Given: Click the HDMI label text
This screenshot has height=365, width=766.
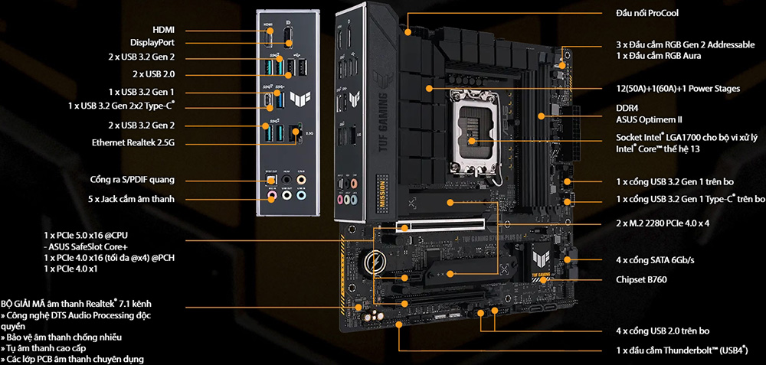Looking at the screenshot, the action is [164, 31].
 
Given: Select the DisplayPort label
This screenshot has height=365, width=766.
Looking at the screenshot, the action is [152, 43].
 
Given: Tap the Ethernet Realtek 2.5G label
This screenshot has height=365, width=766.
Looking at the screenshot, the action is [133, 143].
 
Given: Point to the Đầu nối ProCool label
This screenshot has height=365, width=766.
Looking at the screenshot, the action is [647, 13].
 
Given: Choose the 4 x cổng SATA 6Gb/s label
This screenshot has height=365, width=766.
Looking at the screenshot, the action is [655, 261].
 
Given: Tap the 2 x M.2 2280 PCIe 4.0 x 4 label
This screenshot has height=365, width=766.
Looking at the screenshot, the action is [663, 223].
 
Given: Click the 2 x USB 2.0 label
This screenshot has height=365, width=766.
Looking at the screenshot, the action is [153, 75].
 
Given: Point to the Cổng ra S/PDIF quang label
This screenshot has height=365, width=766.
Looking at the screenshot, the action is [133, 180].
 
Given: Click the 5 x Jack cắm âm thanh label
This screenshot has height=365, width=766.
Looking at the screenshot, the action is [132, 199].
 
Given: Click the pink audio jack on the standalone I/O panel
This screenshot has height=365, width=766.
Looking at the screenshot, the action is [270, 196].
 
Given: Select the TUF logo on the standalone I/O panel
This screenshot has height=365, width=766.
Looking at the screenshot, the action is [297, 99].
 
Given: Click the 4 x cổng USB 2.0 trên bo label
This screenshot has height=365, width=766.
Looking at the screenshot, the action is [663, 331].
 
